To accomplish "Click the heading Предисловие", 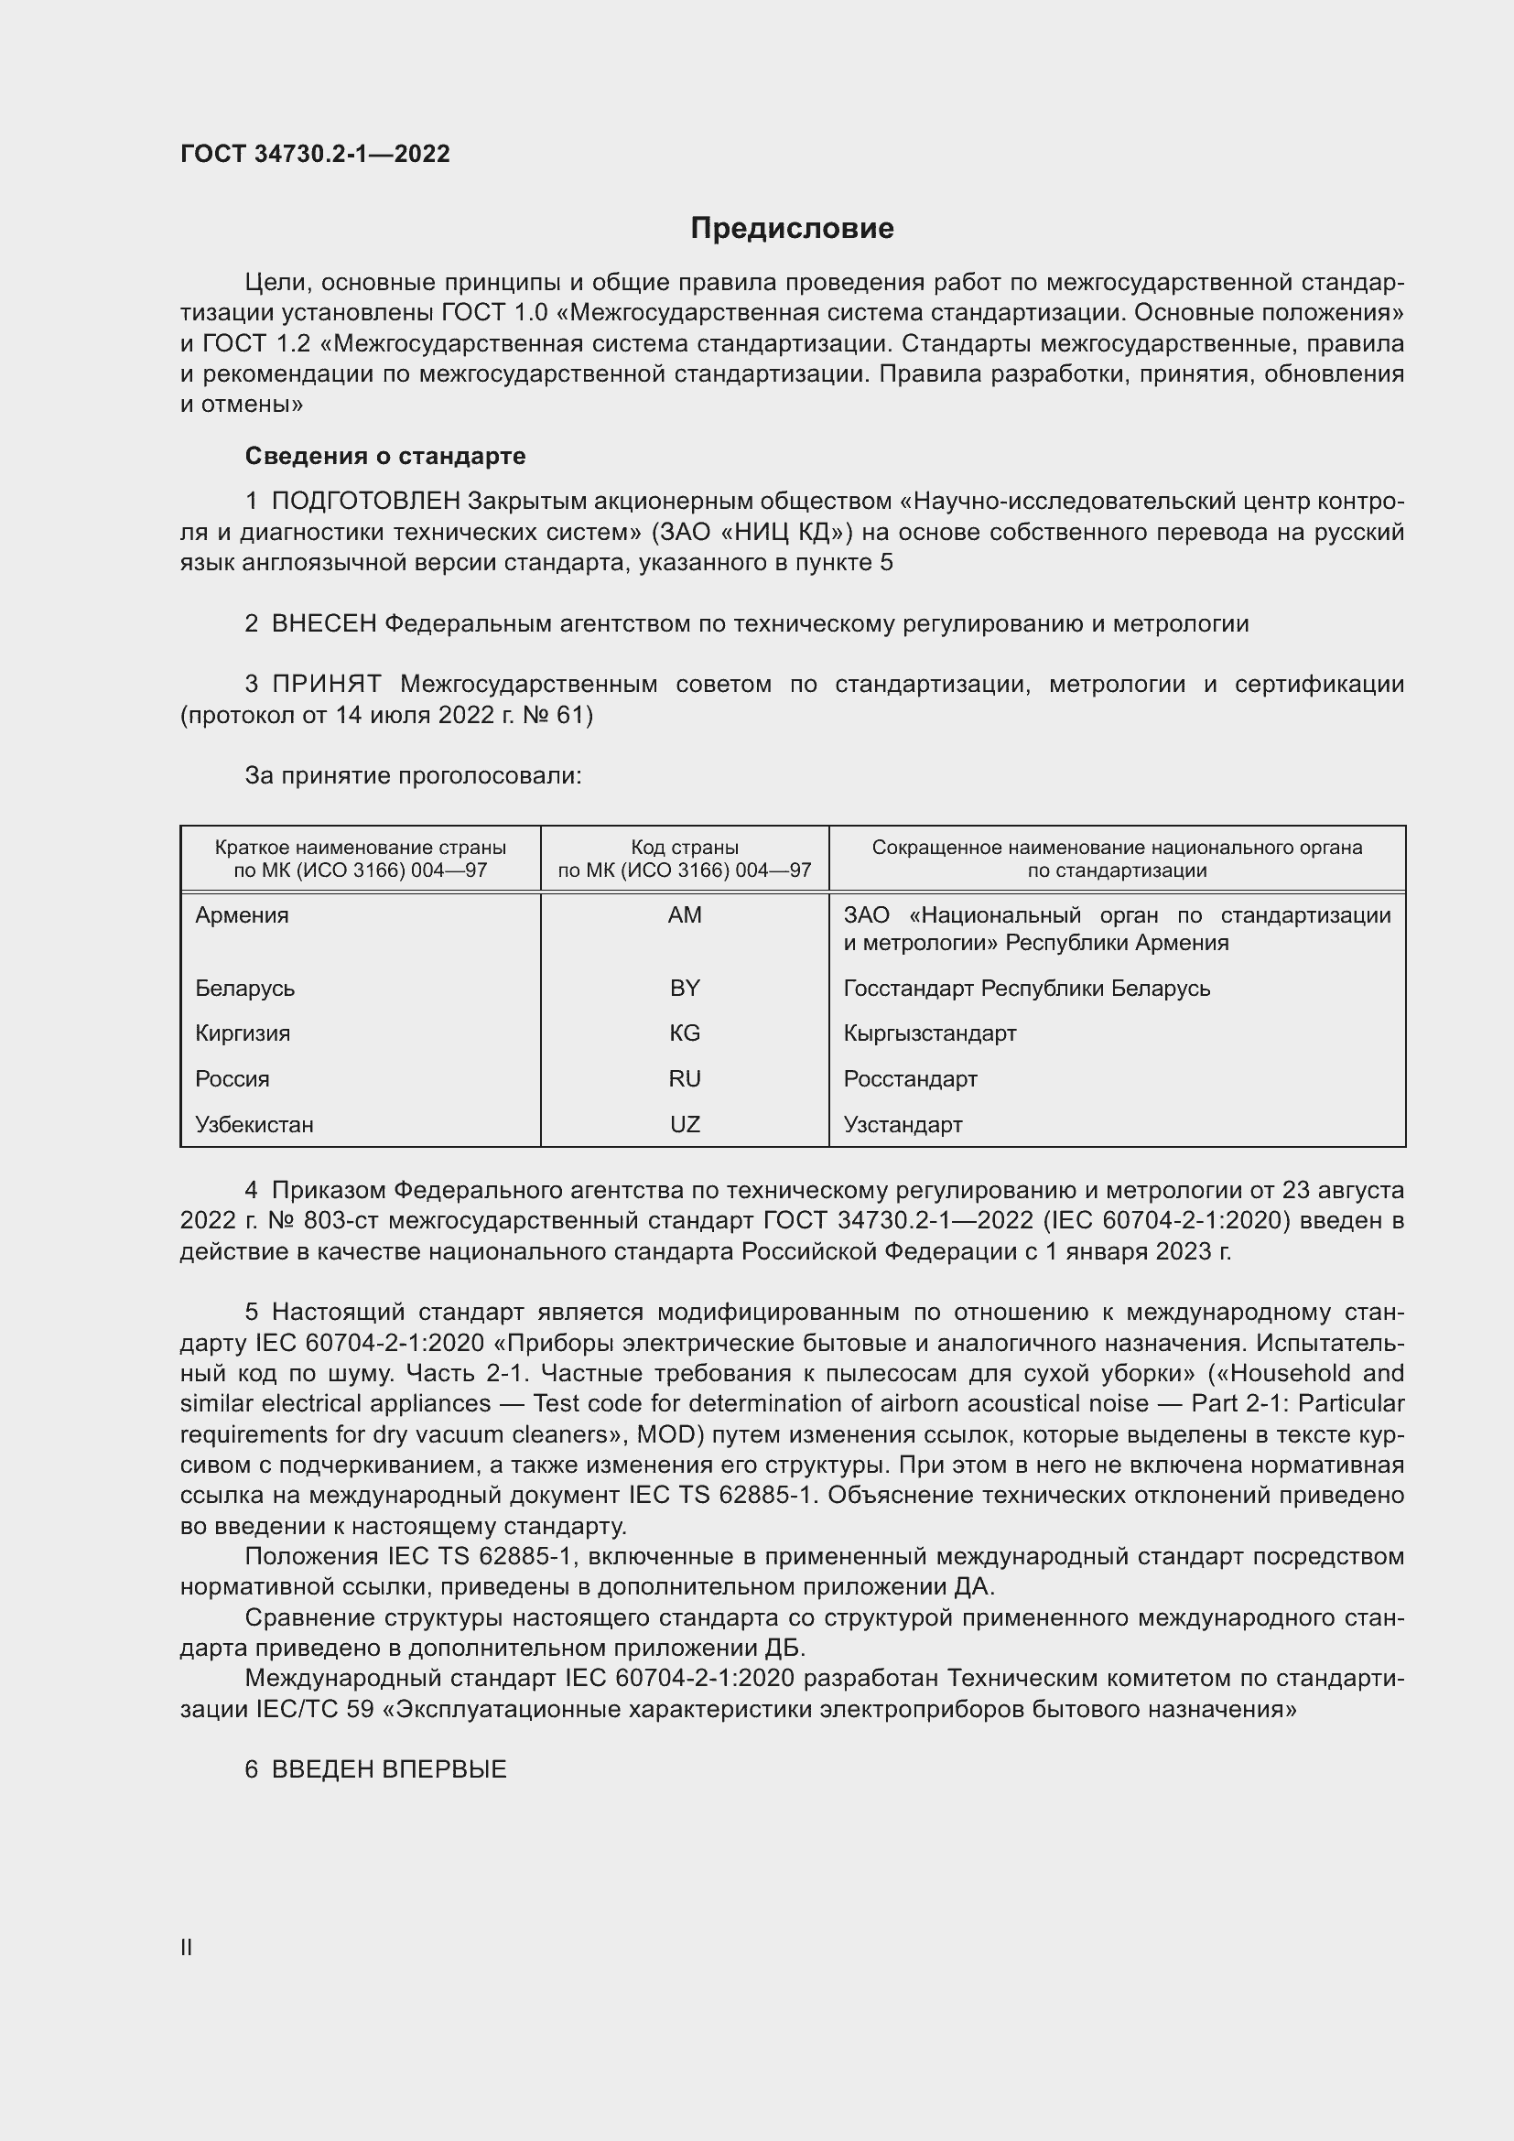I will [x=792, y=229].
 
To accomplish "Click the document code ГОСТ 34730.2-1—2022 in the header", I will [x=315, y=154].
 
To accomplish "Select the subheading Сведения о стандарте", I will [x=385, y=456].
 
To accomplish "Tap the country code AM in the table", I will [x=685, y=914].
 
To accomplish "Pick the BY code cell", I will [x=685, y=988].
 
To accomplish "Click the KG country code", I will [x=685, y=1033].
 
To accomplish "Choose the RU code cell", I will [x=685, y=1079].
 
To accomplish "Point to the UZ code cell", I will [x=685, y=1125].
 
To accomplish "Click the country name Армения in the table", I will [x=243, y=914].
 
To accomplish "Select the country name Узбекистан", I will [x=254, y=1125].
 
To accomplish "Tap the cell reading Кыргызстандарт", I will [x=929, y=1033].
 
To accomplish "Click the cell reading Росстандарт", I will [x=910, y=1079].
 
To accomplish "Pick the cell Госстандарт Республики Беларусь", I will [x=1026, y=988].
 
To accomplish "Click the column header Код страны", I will [x=685, y=848].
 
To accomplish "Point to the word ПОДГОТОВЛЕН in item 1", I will [x=365, y=502].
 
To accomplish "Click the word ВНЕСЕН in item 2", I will [x=323, y=624].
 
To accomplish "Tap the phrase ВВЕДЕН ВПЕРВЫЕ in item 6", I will [x=389, y=1769].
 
